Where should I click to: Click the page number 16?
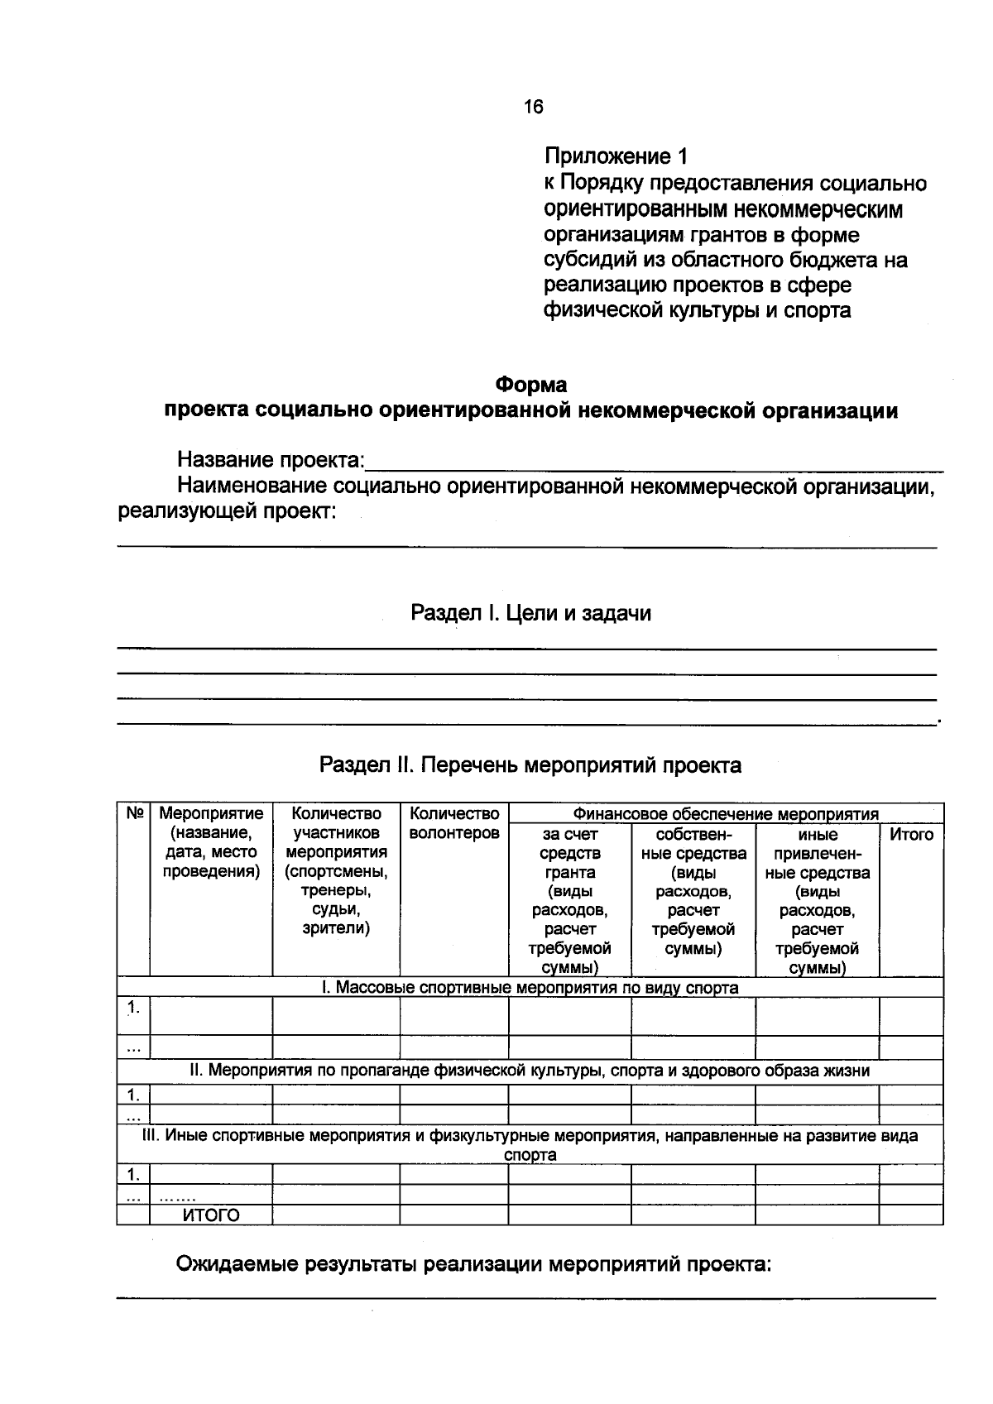click(533, 107)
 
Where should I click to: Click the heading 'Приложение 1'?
click(616, 156)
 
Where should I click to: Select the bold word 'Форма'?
click(530, 385)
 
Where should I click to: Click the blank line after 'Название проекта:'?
click(654, 463)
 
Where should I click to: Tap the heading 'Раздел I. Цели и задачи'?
click(530, 613)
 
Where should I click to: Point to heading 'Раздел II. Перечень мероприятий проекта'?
click(530, 765)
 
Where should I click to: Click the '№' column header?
click(134, 814)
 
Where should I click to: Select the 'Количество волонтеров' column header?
click(453, 823)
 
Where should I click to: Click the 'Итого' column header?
click(910, 835)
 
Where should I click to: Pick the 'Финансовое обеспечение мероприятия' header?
click(726, 814)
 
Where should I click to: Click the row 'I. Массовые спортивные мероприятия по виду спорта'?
click(530, 988)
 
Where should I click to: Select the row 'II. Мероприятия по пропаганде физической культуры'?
click(530, 1071)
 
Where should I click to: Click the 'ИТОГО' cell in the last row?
click(210, 1215)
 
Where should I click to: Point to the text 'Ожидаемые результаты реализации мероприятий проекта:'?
click(473, 1265)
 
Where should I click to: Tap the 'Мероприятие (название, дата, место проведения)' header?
click(210, 843)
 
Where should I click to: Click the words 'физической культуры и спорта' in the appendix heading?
click(697, 311)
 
